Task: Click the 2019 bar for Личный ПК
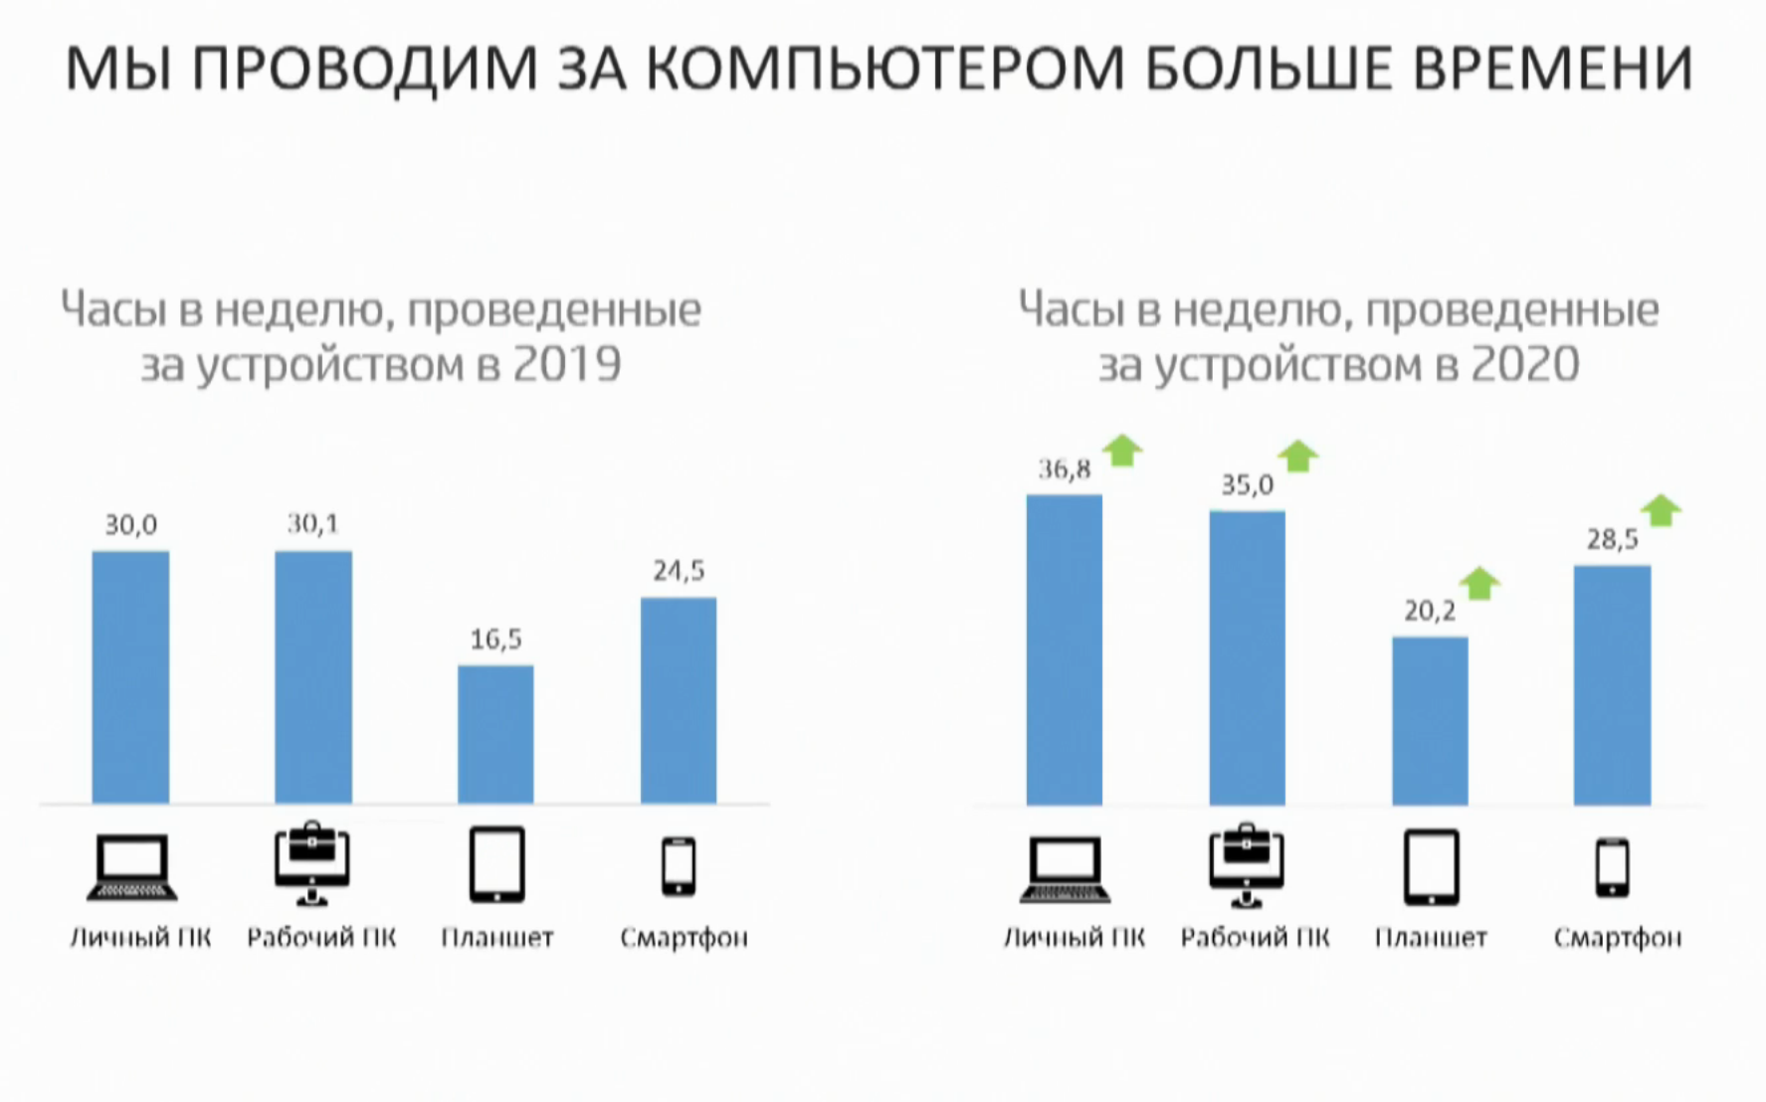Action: pos(130,676)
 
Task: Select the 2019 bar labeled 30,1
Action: pos(313,676)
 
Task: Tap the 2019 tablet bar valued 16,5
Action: pos(495,734)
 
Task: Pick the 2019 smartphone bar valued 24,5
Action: pos(679,700)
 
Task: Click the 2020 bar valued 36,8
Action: pos(1065,649)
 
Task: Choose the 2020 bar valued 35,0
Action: pos(1248,657)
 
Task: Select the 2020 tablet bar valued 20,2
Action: pos(1430,721)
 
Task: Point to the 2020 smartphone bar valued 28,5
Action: pos(1612,685)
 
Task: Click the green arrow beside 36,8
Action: pos(1123,451)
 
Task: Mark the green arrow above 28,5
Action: pos(1661,510)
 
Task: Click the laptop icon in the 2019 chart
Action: pos(132,868)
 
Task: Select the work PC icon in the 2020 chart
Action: pos(1247,865)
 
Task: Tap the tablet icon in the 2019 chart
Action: pos(496,864)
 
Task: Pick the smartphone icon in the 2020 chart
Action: pos(1613,867)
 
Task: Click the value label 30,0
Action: pos(131,525)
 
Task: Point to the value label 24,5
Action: pos(679,571)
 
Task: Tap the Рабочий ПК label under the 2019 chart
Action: pos(321,938)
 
